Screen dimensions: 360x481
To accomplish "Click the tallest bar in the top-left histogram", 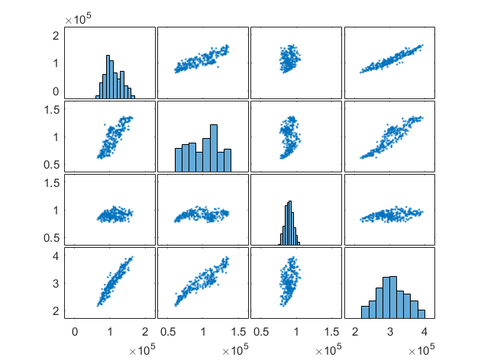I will [108, 76].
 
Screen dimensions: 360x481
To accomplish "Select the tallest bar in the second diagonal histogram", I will [213, 149].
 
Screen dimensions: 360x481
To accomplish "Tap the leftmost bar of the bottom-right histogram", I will [365, 312].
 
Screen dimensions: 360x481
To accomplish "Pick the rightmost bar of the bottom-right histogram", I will [421, 313].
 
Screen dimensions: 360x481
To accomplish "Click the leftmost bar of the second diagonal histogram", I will [179, 159].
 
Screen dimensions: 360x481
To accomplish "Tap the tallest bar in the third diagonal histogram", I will [290, 223].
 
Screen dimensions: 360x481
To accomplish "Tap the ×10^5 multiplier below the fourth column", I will [421, 349].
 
